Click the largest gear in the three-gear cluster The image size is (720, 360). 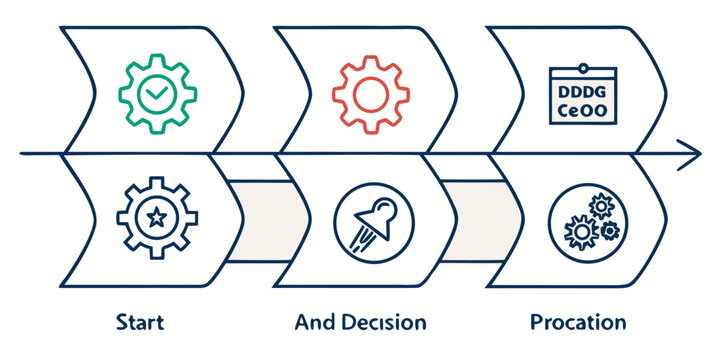581,233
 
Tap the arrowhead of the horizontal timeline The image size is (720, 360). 690,155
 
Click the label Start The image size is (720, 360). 140,323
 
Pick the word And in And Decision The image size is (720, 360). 313,323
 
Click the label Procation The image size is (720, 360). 578,323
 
